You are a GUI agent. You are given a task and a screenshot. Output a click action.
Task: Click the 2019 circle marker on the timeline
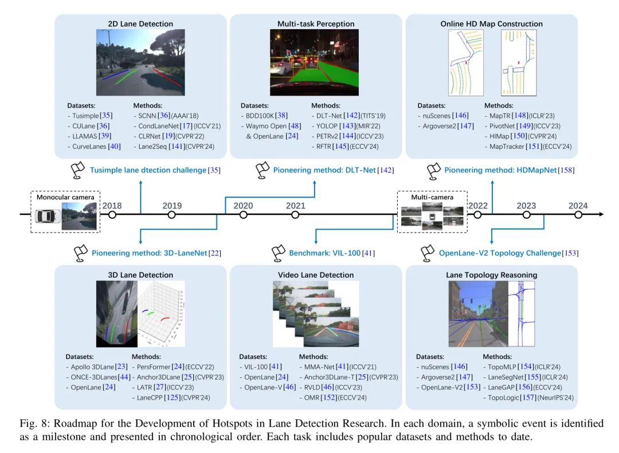pyautogui.click(x=171, y=215)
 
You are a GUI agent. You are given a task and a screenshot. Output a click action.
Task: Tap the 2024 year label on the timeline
pyautogui.click(x=578, y=206)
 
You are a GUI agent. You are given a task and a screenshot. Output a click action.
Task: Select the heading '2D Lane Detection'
pyautogui.click(x=140, y=23)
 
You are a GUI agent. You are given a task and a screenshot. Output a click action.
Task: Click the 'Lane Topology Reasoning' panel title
pyautogui.click(x=492, y=275)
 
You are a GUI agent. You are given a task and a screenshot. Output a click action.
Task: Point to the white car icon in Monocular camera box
pyautogui.click(x=48, y=216)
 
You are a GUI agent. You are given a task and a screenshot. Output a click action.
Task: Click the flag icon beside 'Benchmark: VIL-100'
pyautogui.click(x=279, y=253)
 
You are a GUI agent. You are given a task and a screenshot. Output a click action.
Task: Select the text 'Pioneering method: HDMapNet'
pyautogui.click(x=500, y=170)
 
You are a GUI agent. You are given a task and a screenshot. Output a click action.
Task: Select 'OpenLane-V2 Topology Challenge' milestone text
pyautogui.click(x=500, y=253)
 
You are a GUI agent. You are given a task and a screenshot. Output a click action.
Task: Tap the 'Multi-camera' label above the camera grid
pyautogui.click(x=432, y=197)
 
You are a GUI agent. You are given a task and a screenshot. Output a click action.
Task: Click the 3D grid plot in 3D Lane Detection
pyautogui.click(x=161, y=314)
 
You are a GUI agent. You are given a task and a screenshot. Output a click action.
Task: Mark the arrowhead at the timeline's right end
pyautogui.click(x=601, y=214)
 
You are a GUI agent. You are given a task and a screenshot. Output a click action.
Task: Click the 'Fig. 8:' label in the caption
pyautogui.click(x=35, y=423)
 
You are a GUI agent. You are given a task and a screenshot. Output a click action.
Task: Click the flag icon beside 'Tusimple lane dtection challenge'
pyautogui.click(x=78, y=170)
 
